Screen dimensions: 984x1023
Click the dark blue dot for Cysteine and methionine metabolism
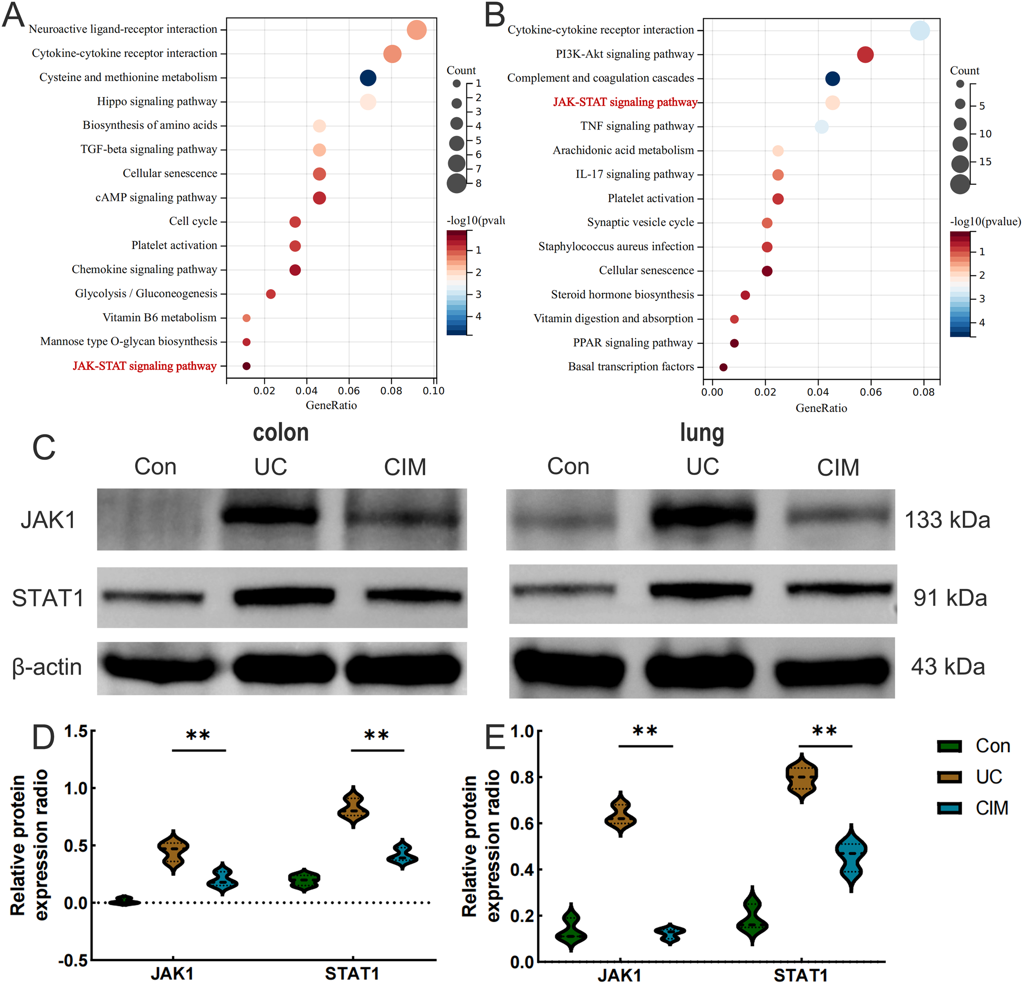367,78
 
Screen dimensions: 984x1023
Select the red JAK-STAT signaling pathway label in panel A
144,366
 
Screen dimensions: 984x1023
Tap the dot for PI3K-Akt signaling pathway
865,54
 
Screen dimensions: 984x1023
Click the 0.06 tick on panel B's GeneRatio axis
871,392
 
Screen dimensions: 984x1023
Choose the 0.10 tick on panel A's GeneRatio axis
433,391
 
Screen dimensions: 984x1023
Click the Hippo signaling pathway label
157,101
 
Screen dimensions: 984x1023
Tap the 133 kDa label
947,520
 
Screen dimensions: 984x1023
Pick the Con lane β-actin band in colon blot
159,667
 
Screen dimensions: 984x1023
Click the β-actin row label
47,667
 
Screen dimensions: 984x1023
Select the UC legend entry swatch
949,777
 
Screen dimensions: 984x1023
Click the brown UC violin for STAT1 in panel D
354,808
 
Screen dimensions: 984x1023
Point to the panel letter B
494,16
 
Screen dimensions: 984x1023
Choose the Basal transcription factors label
631,366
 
